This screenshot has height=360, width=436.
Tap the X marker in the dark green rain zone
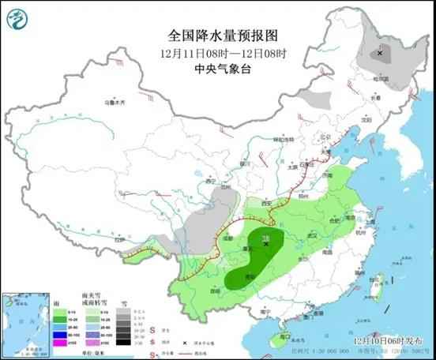pyautogui.click(x=266, y=244)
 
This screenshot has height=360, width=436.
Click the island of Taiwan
pyautogui.click(x=378, y=282)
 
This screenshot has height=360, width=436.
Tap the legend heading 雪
pyautogui.click(x=124, y=302)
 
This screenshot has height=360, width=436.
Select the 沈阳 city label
pyautogui.click(x=365, y=121)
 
